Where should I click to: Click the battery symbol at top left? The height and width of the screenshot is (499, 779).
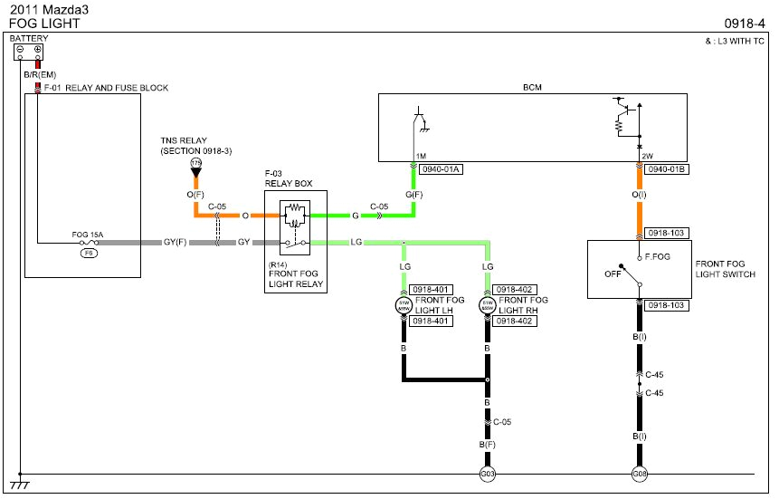28,51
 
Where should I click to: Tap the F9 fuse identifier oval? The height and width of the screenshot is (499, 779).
89,254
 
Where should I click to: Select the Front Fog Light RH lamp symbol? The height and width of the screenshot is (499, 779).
488,306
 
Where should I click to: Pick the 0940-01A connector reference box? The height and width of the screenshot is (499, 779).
440,169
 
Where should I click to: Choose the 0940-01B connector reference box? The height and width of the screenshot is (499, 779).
666,169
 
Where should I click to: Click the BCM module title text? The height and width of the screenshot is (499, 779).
532,87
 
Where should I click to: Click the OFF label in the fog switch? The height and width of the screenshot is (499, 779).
613,273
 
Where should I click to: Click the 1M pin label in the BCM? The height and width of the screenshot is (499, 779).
422,156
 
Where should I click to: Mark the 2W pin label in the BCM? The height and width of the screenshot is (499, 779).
647,156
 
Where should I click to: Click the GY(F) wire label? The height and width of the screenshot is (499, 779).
174,243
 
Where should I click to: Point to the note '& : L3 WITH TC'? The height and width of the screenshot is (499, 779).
735,42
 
